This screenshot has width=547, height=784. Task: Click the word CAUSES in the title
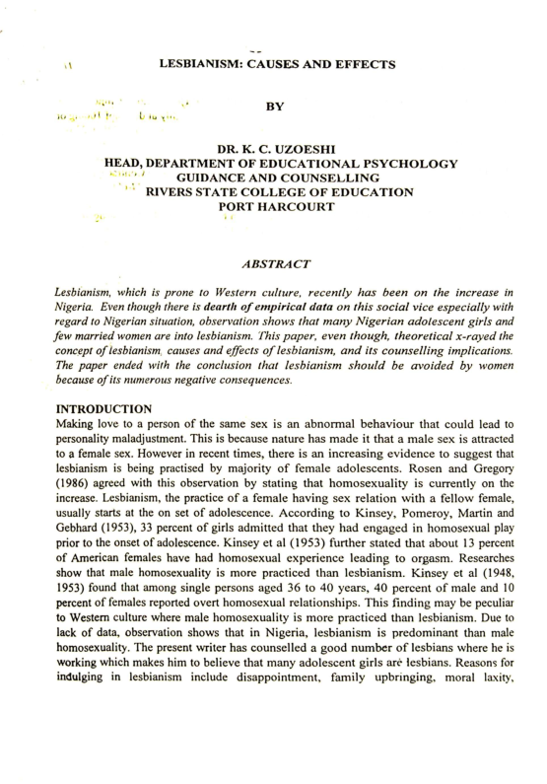coord(288,65)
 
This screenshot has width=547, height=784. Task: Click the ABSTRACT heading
coord(274,262)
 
